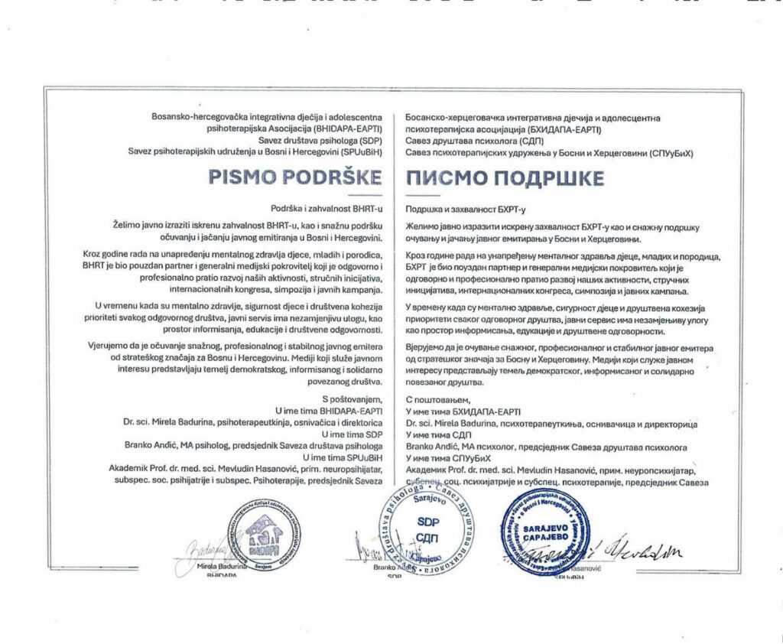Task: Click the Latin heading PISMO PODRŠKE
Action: coord(295,177)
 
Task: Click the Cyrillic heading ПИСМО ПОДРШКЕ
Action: coord(505,178)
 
